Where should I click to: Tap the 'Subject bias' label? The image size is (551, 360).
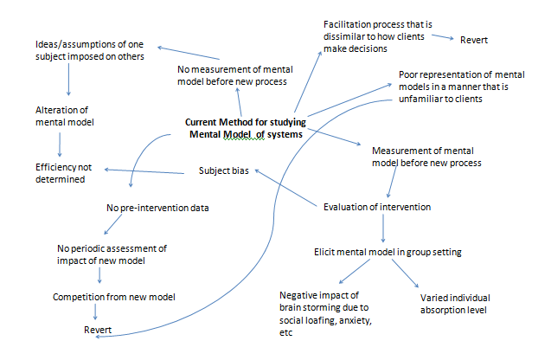pos(224,170)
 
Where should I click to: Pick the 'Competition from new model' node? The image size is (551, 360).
pos(113,297)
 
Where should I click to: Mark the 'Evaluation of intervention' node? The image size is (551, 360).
pos(378,207)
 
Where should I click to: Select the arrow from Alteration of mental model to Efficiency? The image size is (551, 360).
pos(59,144)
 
